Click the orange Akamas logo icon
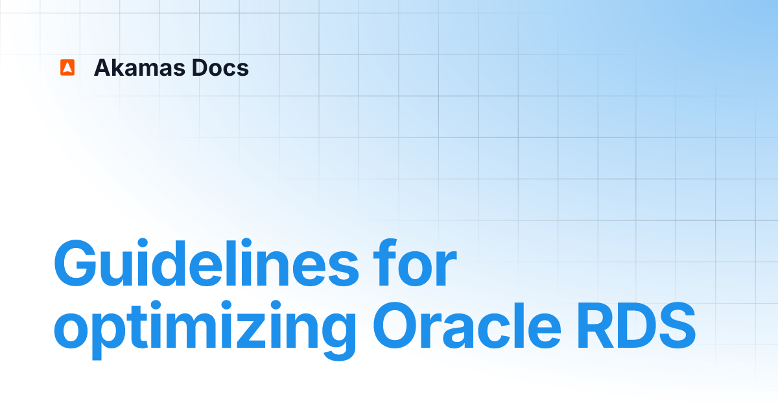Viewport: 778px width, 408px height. tap(67, 67)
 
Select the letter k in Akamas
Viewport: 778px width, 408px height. tap(118, 67)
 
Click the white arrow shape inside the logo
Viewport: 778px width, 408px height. tap(67, 68)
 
